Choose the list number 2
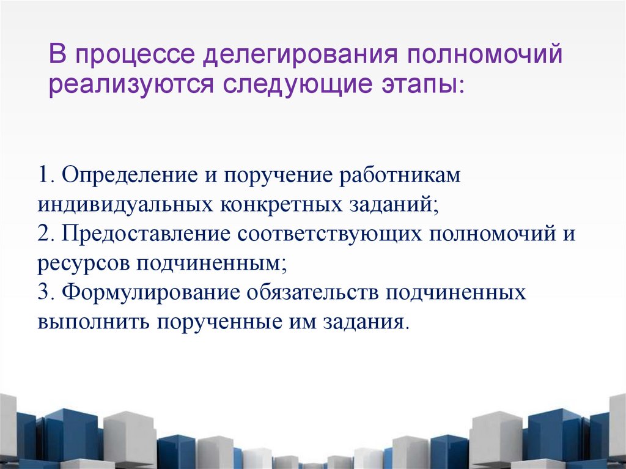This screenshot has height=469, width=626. pos(43,235)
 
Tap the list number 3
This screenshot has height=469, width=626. pos(43,292)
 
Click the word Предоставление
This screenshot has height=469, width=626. pos(145,235)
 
